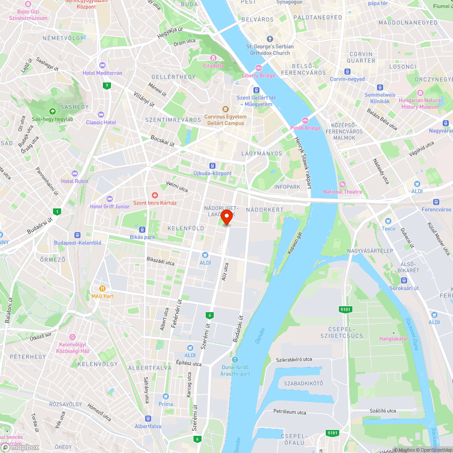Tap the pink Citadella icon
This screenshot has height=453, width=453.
click(x=213, y=58)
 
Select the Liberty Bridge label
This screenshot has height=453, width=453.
click(x=259, y=76)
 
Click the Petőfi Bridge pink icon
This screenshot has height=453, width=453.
click(x=305, y=120)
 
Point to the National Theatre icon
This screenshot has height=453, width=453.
click(x=342, y=184)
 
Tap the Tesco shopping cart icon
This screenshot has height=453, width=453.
click(x=388, y=221)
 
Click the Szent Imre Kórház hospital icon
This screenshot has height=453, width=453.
click(x=155, y=195)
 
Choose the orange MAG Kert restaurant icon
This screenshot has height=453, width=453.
click(x=102, y=289)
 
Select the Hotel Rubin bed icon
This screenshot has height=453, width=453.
click(x=75, y=173)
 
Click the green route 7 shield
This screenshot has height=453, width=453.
click(x=107, y=86)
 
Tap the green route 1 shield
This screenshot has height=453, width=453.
click(x=57, y=212)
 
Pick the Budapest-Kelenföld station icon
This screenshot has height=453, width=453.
click(x=77, y=235)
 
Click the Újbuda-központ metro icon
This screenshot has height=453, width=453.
click(x=212, y=166)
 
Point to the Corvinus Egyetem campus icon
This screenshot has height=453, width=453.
click(x=225, y=109)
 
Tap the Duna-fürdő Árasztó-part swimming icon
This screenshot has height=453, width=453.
click(x=235, y=359)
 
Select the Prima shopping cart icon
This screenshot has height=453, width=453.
click(x=166, y=396)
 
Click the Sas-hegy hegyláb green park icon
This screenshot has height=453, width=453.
click(x=53, y=111)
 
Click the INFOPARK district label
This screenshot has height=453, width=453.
click(x=287, y=187)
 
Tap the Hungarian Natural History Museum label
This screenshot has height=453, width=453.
click(x=421, y=104)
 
